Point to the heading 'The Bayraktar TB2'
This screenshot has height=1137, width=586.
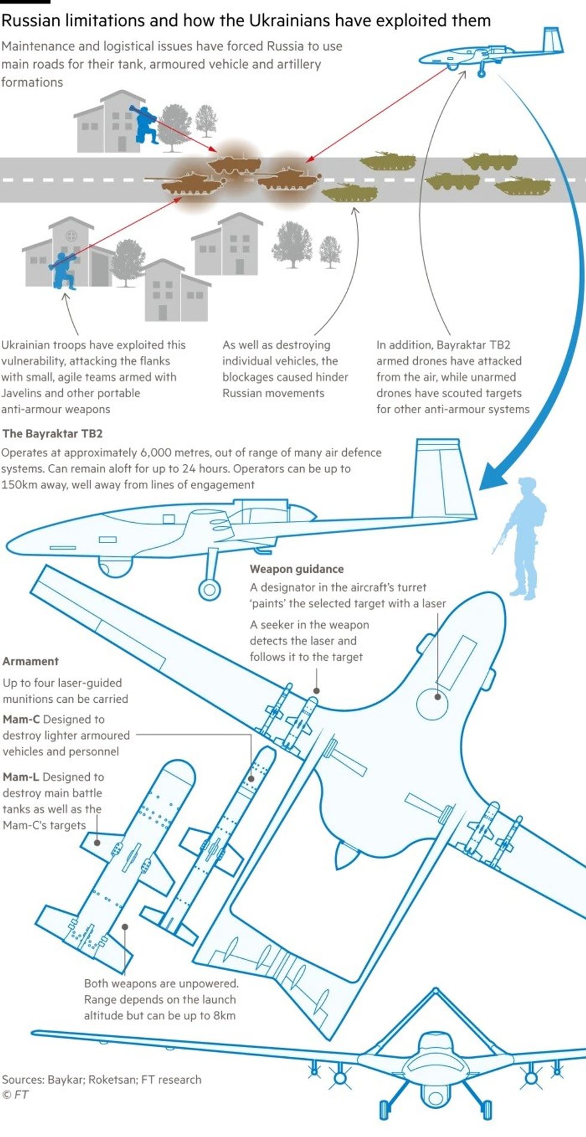pyautogui.click(x=53, y=434)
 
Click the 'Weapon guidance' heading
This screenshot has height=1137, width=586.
pyautogui.click(x=297, y=569)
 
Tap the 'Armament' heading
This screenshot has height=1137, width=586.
pyautogui.click(x=30, y=661)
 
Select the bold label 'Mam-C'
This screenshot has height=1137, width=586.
pyautogui.click(x=21, y=719)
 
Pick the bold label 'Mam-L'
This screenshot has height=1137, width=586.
pyautogui.click(x=21, y=777)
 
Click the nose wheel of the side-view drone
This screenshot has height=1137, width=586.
pyautogui.click(x=209, y=590)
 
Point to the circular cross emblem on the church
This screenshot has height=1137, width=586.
pyautogui.click(x=71, y=235)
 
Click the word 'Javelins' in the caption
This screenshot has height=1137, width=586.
pyautogui.click(x=21, y=393)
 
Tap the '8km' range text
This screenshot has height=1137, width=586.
pyautogui.click(x=224, y=1015)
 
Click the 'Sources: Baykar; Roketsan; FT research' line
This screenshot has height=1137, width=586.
pyautogui.click(x=102, y=1080)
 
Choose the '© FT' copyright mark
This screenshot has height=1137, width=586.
pyautogui.click(x=16, y=1095)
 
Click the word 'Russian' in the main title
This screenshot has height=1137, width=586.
pyautogui.click(x=31, y=21)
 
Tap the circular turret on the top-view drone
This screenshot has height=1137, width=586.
pyautogui.click(x=432, y=703)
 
